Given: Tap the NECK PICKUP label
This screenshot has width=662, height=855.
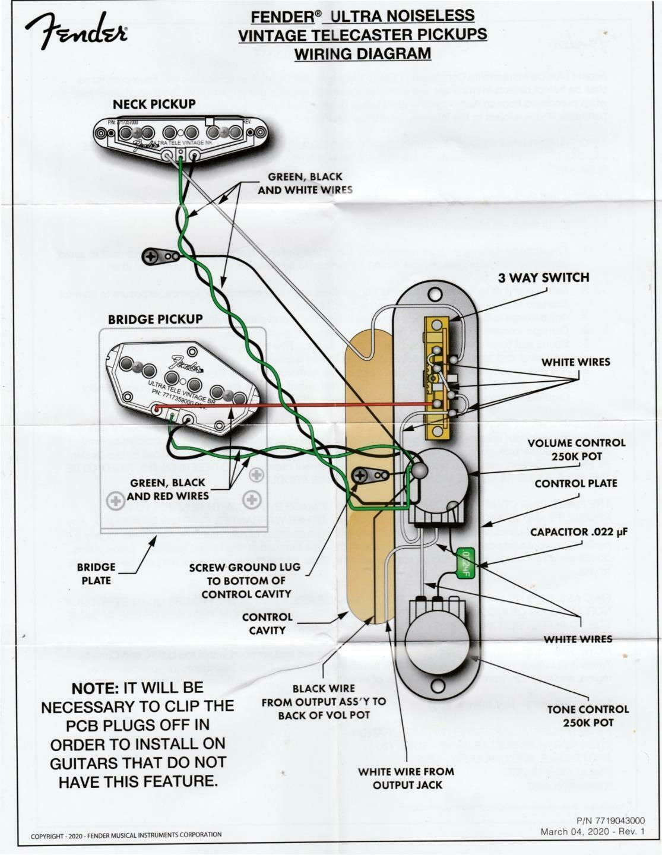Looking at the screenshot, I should (x=154, y=104).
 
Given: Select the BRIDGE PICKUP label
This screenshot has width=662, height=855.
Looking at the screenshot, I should (x=155, y=319).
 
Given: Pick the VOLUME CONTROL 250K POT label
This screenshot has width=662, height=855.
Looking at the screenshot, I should (x=576, y=450).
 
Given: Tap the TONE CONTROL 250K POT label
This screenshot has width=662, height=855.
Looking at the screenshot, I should (x=588, y=715).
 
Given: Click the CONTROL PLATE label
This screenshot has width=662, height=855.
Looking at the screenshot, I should (x=576, y=483).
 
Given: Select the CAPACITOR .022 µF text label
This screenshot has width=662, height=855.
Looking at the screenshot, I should (x=578, y=532).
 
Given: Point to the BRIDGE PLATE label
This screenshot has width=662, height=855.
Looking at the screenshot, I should (x=96, y=574).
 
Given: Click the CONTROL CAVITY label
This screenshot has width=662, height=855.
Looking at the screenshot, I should (x=267, y=623).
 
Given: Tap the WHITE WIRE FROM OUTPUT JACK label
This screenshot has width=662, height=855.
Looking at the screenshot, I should (x=406, y=778).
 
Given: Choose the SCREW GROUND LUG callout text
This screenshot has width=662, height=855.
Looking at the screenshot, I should (x=245, y=580).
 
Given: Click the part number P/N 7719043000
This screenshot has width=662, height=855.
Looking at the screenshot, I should (x=610, y=821).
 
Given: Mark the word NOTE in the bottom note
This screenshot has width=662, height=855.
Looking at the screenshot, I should (x=95, y=688).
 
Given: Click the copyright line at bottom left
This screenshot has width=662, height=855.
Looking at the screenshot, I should (x=126, y=835).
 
